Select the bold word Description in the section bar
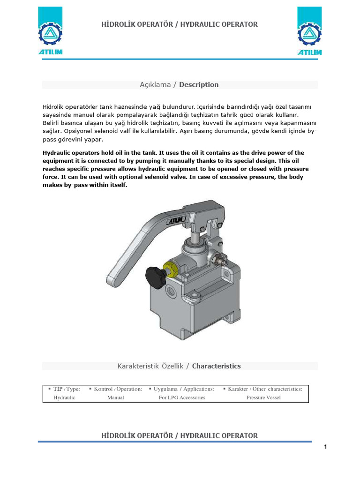tap(199, 85)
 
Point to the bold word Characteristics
tap(216, 366)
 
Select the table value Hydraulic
tap(65, 397)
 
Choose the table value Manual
tap(115, 397)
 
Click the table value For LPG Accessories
tap(182, 397)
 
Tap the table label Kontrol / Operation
tap(118, 389)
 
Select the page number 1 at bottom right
tap(325, 447)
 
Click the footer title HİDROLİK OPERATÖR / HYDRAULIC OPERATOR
tap(180, 435)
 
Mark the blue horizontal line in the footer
tap(175, 442)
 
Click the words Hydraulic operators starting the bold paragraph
tap(71, 153)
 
